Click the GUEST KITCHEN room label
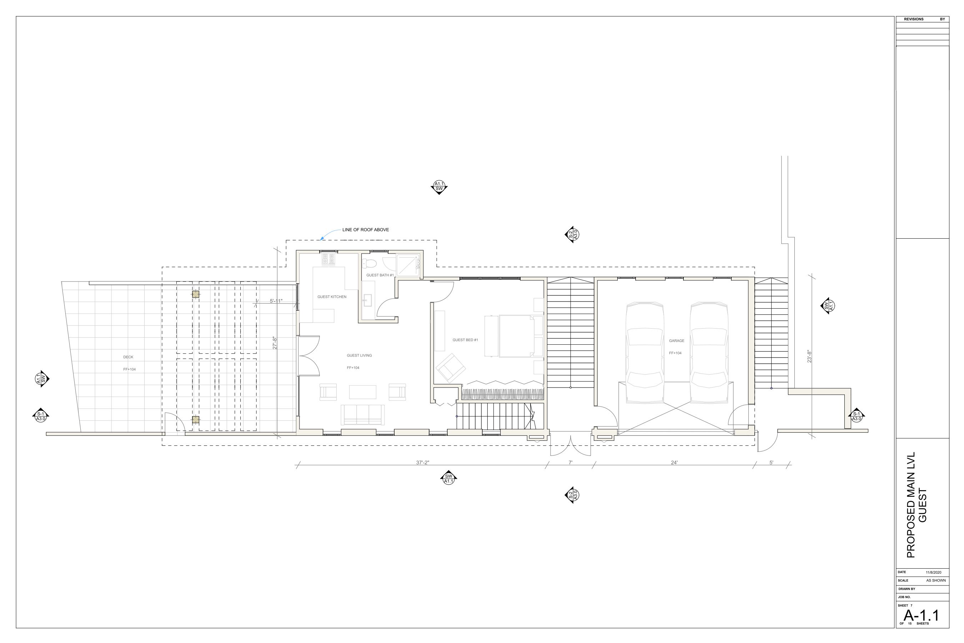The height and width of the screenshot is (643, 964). click(332, 297)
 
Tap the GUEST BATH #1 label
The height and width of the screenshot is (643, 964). click(380, 275)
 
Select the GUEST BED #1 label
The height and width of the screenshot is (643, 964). click(465, 340)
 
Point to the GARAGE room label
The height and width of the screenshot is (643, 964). click(677, 341)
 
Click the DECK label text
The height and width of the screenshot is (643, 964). click(128, 357)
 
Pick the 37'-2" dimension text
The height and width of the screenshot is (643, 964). click(423, 463)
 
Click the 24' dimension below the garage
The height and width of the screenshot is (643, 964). click(674, 463)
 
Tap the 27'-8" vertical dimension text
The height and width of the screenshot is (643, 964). click(275, 343)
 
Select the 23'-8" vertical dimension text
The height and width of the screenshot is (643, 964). click(809, 357)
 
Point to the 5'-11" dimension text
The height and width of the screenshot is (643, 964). click(276, 301)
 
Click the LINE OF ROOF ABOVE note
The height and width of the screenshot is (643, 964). click(366, 230)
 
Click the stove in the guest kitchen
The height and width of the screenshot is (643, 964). click(328, 260)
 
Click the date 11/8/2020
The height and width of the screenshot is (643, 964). click(934, 573)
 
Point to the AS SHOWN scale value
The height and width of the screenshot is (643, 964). click(936, 581)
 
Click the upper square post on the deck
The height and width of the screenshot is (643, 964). click(196, 294)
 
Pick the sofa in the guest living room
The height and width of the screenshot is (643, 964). click(363, 415)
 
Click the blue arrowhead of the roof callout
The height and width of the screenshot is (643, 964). click(322, 238)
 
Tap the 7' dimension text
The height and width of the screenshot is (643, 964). click(570, 463)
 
